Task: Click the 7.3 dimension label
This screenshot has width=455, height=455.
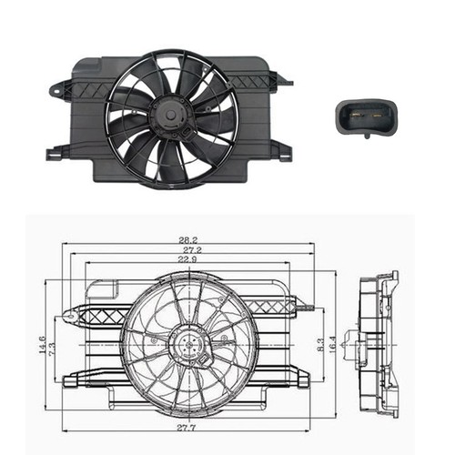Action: pos(55,349)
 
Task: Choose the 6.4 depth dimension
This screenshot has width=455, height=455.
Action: pos(349,346)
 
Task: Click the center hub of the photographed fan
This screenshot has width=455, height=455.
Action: pos(169,114)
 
